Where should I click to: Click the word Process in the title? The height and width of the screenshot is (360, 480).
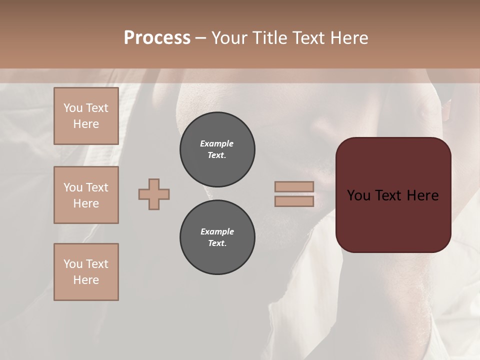(157, 38)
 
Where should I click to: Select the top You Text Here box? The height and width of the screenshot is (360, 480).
(86, 116)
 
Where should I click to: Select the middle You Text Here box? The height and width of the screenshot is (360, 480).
(86, 195)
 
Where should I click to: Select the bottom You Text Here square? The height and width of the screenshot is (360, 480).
(86, 272)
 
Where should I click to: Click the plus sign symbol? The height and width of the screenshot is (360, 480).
(154, 194)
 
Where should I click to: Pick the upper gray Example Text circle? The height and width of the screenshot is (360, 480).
(217, 149)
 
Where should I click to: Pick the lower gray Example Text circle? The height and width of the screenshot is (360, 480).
(217, 237)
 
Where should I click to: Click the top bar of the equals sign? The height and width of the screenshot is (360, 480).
(294, 187)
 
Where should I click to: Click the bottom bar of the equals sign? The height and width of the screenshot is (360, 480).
(294, 201)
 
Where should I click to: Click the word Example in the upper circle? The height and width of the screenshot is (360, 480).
(216, 143)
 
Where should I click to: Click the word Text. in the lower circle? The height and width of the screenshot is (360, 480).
(217, 243)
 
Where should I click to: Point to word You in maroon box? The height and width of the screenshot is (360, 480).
(358, 195)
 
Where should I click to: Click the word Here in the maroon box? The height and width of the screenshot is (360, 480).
(422, 195)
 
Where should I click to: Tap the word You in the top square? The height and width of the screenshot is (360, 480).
(73, 108)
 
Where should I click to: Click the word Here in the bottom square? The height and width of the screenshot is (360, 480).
(86, 280)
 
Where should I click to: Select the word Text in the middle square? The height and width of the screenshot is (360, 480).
(96, 187)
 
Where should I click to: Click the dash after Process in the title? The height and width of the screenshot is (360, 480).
(200, 38)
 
